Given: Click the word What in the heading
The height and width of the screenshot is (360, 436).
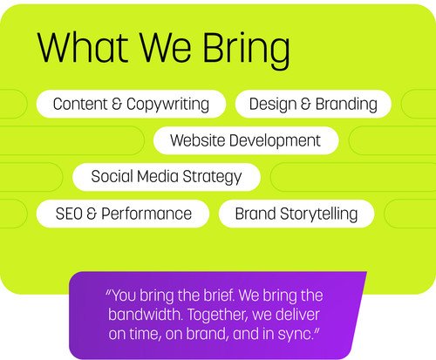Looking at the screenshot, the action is [x=83, y=47].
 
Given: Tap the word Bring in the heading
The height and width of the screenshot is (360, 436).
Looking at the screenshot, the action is [x=246, y=51].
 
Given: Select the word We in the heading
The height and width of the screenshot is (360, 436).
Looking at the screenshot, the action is [x=166, y=47].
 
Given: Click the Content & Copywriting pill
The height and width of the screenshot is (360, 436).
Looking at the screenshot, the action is [x=131, y=104].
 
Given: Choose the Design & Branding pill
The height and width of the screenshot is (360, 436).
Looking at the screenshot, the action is [x=313, y=104].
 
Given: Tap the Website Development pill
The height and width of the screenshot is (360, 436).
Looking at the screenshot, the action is [x=246, y=140].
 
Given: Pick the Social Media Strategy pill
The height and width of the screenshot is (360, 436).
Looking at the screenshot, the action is [x=167, y=177].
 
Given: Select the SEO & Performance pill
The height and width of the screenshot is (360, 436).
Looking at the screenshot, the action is [x=123, y=214].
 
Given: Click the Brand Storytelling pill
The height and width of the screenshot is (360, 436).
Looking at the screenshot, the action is [x=296, y=214].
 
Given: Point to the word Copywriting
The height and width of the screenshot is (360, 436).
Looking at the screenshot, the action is [x=167, y=105].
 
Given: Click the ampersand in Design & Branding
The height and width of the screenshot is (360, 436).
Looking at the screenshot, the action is [x=306, y=104].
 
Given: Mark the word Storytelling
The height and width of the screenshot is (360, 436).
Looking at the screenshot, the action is [x=319, y=215].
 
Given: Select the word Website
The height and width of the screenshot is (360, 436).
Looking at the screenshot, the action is [x=198, y=140].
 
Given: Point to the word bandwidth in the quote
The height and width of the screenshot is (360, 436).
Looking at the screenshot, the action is [x=145, y=315].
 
